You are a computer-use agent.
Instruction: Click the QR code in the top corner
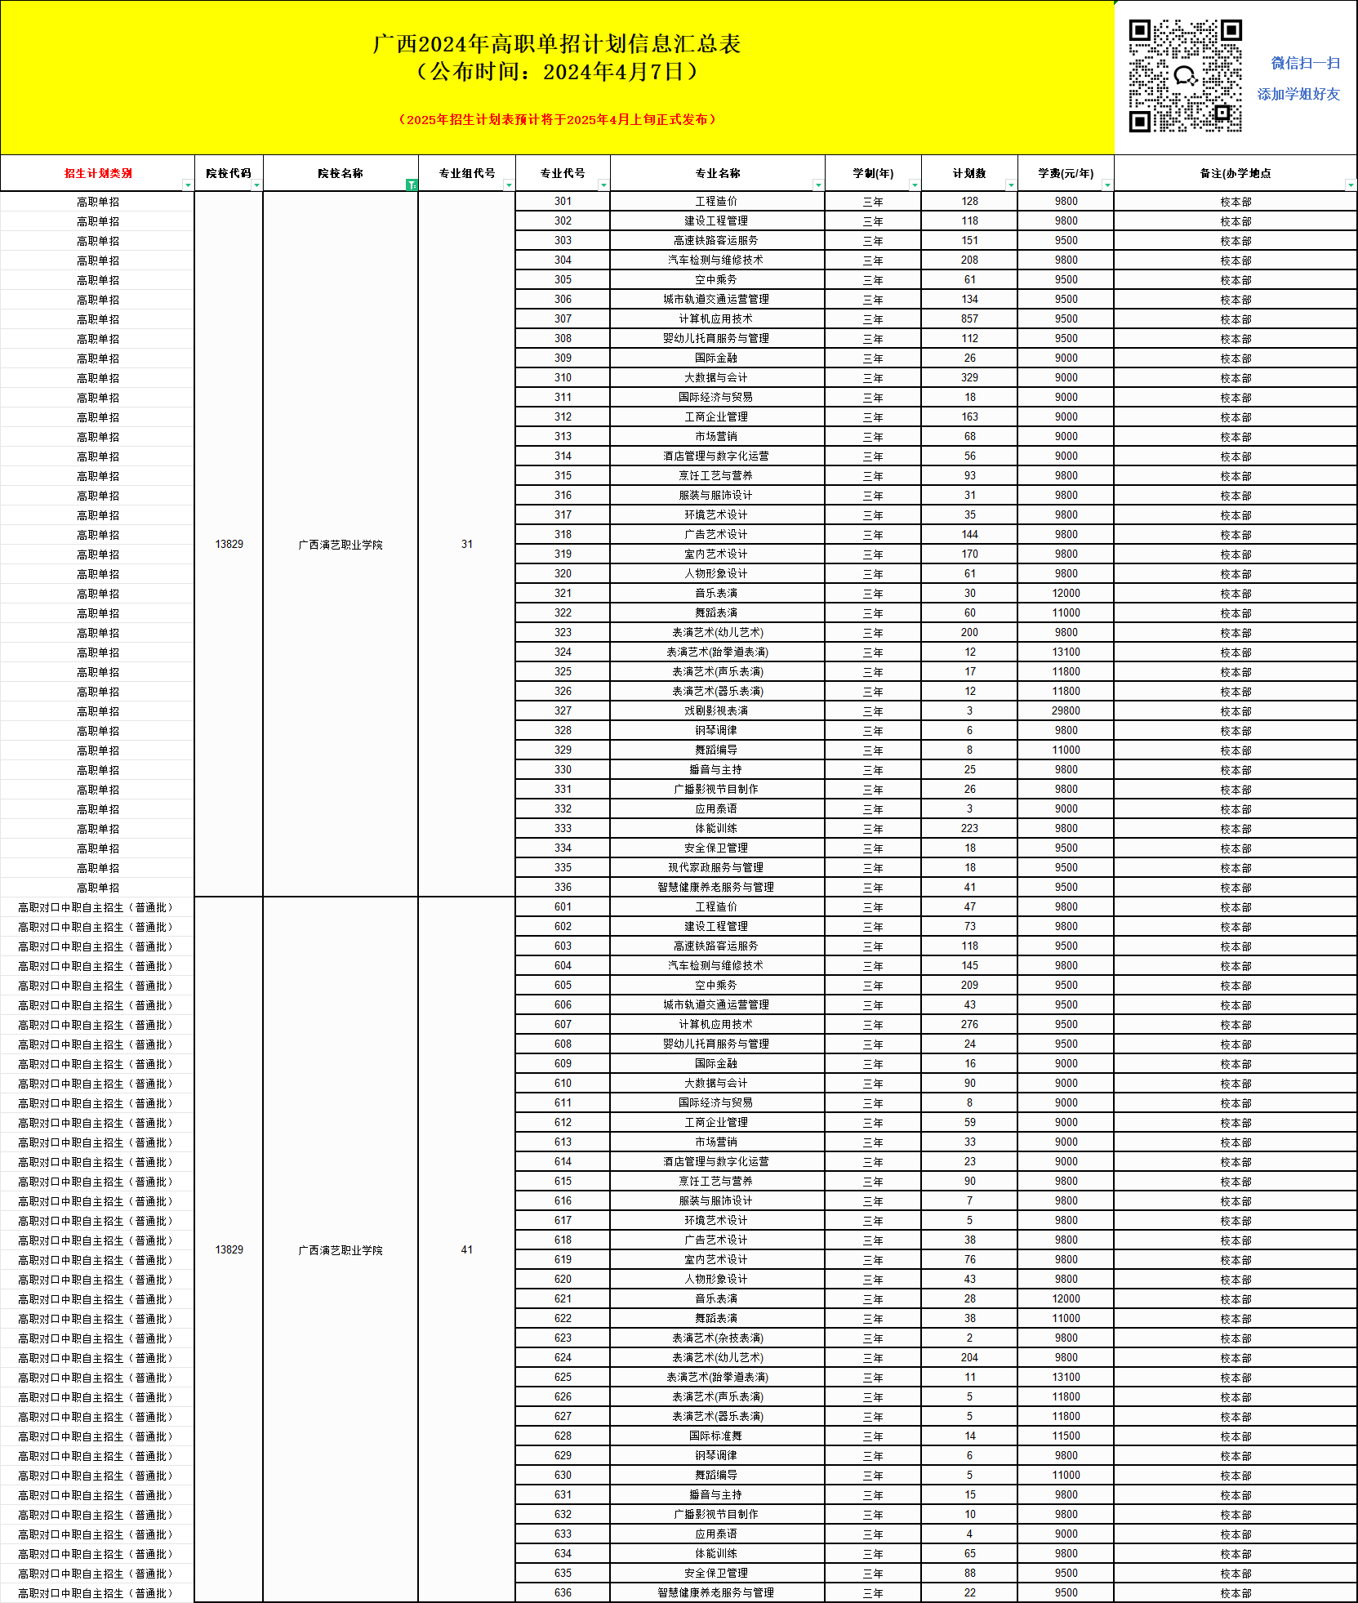(x=1185, y=76)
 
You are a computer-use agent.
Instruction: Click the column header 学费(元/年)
(x=1065, y=173)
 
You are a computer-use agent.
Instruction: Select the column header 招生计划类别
(x=98, y=173)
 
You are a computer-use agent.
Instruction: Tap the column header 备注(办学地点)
(x=1235, y=173)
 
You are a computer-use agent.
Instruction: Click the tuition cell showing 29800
(x=1066, y=711)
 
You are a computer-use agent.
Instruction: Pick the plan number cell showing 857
(x=969, y=319)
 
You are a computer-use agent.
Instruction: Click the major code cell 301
(x=563, y=202)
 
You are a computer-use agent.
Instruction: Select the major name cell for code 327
(x=716, y=711)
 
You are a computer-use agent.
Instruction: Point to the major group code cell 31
(x=466, y=545)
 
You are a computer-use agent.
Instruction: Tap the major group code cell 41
(x=466, y=1250)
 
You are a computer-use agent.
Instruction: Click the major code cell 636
(x=563, y=1592)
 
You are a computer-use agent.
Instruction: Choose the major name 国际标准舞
(x=716, y=1436)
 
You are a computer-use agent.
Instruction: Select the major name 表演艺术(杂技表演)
(x=718, y=1338)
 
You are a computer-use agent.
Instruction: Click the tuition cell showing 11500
(x=1066, y=1436)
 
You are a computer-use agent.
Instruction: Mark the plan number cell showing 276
(x=969, y=1024)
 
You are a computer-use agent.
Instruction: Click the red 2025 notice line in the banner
(x=558, y=119)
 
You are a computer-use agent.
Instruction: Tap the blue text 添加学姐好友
(x=1298, y=95)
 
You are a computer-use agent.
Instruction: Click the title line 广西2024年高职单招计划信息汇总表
(x=557, y=44)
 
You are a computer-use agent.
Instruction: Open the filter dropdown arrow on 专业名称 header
(x=817, y=185)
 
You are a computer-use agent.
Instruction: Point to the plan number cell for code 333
(x=969, y=828)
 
